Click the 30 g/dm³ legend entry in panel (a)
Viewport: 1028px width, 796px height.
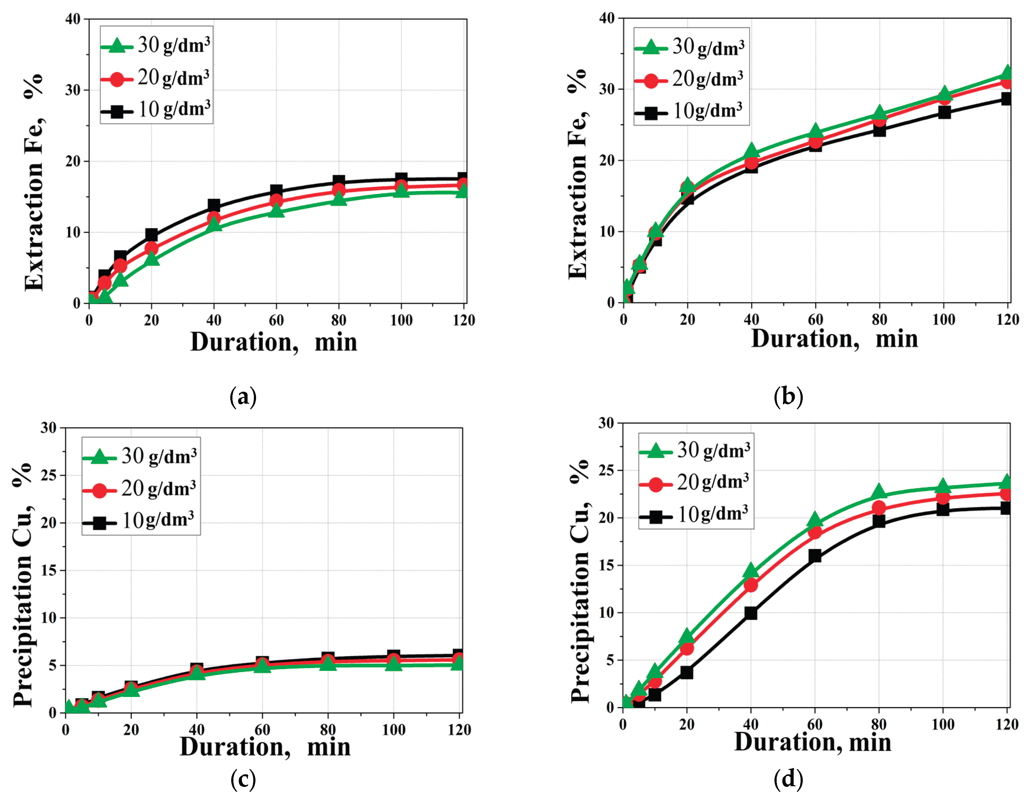[x=155, y=46]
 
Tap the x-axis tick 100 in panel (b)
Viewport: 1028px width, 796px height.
[x=943, y=320]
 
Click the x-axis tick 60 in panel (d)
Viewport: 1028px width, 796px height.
[x=815, y=725]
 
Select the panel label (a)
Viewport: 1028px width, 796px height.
[x=243, y=397]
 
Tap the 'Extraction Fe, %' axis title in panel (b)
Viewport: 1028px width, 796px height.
[x=578, y=174]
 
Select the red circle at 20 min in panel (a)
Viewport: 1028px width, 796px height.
[x=151, y=248]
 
